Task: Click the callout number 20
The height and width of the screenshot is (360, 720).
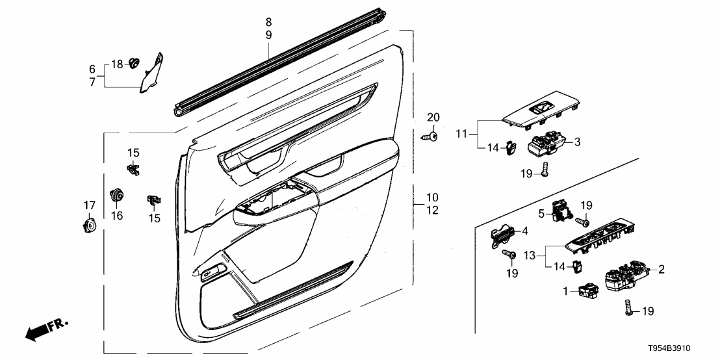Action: coord(433,117)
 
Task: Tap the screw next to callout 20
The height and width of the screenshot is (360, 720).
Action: coord(429,137)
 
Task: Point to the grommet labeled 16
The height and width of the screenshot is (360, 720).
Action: coord(118,194)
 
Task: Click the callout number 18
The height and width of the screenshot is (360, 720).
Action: coord(116,64)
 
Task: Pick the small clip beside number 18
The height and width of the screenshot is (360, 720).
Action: coord(135,63)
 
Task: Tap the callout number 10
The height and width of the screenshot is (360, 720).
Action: coord(432,197)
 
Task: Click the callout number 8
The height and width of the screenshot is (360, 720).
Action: coord(268,21)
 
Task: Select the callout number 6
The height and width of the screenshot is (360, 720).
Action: coord(92,69)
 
